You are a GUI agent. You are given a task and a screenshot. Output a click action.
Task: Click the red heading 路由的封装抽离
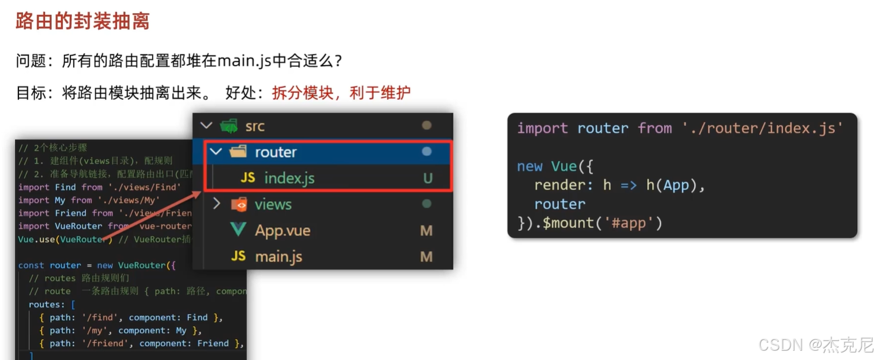(x=82, y=21)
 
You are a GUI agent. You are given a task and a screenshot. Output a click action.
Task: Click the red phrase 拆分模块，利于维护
(x=341, y=92)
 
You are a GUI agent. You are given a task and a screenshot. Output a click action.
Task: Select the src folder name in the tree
(x=254, y=126)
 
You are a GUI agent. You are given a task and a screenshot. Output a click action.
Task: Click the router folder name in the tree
(x=276, y=152)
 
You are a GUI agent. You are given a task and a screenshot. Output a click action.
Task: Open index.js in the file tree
(x=289, y=178)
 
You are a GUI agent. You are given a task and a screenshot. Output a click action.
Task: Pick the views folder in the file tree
(x=273, y=204)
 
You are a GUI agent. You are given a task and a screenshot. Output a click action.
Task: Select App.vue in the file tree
(x=283, y=231)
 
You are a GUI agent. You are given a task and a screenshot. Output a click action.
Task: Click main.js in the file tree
(x=279, y=257)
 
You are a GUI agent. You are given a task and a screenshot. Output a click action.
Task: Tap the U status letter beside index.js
(x=427, y=178)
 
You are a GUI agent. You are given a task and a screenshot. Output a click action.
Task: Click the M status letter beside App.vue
(x=426, y=231)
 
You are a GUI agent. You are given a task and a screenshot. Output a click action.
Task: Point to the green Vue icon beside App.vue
(x=238, y=230)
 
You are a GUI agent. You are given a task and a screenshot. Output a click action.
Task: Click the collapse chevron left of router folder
(x=216, y=152)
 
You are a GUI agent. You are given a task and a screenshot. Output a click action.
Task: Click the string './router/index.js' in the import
(x=762, y=128)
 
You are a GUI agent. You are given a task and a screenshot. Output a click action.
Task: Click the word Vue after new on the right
(x=564, y=167)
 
